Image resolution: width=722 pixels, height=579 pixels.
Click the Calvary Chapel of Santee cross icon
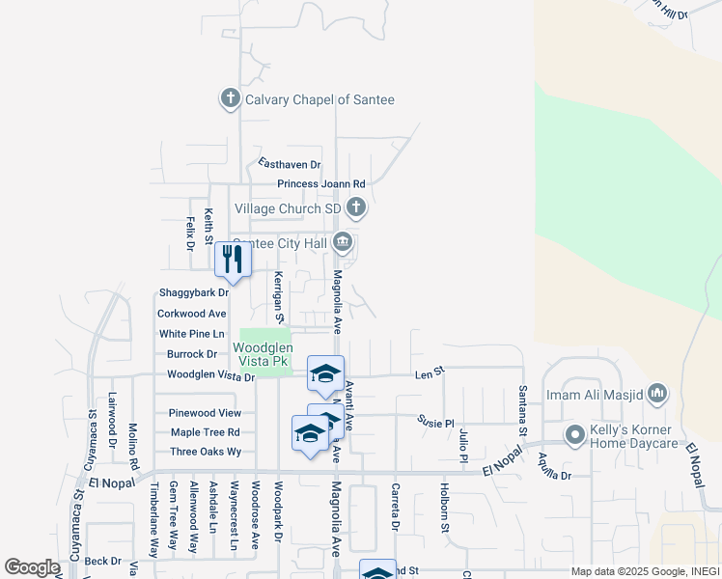click(230, 98)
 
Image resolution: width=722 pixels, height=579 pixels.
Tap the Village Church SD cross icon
click(356, 207)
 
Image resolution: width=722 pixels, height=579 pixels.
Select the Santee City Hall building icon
click(342, 242)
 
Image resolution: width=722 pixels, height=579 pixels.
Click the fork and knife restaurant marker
click(233, 259)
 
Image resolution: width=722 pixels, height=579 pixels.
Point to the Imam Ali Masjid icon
click(658, 393)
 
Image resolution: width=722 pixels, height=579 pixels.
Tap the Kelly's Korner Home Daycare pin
click(574, 435)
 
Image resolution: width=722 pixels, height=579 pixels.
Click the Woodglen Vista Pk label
click(261, 354)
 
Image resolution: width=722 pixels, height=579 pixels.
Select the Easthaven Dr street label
click(289, 165)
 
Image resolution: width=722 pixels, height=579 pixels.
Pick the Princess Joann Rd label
click(321, 183)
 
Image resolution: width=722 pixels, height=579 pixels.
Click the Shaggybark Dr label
click(193, 292)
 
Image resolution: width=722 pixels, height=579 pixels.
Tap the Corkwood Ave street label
click(191, 314)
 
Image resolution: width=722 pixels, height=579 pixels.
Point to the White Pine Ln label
click(191, 334)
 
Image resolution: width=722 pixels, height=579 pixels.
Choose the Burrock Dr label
click(192, 354)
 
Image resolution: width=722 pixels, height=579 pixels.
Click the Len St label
click(429, 372)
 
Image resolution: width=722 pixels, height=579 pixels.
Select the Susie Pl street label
click(435, 421)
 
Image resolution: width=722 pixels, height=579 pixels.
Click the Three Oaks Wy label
click(205, 452)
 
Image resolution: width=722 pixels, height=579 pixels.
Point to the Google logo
click(32, 567)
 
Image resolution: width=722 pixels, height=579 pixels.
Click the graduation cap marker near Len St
click(326, 373)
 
